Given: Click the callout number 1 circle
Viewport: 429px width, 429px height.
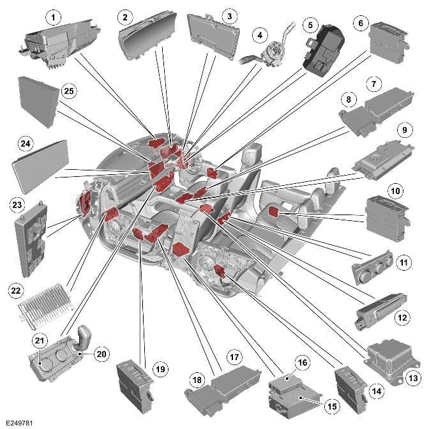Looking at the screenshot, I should pyautogui.click(x=55, y=15).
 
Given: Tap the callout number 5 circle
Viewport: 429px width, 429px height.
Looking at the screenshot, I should pyautogui.click(x=310, y=25).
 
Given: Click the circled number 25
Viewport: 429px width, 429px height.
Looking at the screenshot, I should pyautogui.click(x=68, y=92).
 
